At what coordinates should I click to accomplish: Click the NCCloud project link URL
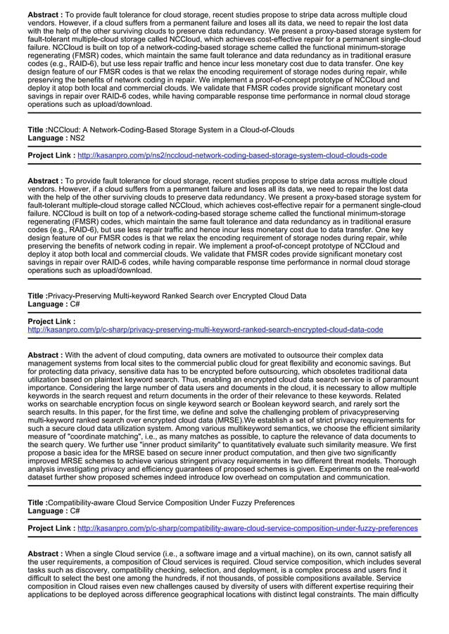pos(232,155)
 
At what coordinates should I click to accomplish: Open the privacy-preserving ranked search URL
pos(205,329)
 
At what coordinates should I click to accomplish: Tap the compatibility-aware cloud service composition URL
pos(247,528)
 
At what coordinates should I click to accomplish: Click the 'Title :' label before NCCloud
pos(37,130)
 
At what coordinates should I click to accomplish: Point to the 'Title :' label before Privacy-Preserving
pos(37,296)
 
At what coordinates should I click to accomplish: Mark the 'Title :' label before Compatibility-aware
pos(37,503)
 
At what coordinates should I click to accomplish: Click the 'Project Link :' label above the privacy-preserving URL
pos(51,321)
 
